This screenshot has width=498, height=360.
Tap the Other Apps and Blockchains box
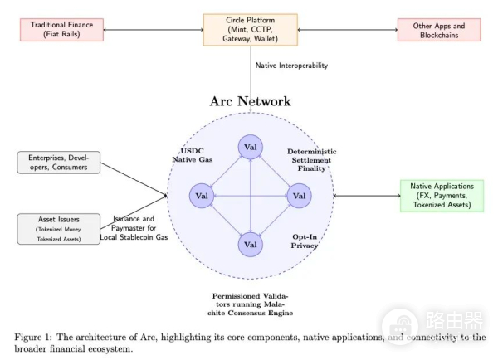tap(438, 30)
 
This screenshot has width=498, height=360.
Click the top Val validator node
tap(251, 148)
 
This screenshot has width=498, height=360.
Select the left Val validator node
tap(202, 196)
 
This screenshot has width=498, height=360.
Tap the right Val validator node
tap(299, 196)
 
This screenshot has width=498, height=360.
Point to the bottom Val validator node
tap(251, 245)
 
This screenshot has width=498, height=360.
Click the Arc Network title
tap(251, 101)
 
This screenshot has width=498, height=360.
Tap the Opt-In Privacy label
tap(305, 241)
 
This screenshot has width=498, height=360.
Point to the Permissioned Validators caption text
tap(252, 304)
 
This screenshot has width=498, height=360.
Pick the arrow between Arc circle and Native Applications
tap(366, 196)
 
